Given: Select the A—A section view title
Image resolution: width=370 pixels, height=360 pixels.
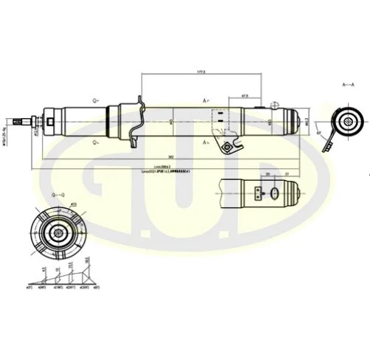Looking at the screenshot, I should (x=347, y=86).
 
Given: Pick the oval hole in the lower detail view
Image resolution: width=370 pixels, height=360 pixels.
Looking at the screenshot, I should (x=275, y=194).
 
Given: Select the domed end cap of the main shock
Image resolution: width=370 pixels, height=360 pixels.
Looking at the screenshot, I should (x=300, y=120).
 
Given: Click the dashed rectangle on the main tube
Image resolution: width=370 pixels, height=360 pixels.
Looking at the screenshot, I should (x=218, y=118).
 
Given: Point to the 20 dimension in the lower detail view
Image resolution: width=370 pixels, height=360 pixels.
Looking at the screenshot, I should (x=268, y=174).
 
